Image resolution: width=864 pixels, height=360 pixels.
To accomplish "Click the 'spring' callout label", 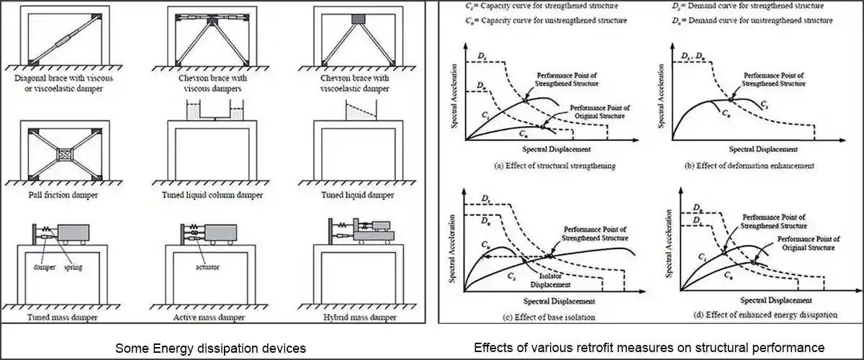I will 74,268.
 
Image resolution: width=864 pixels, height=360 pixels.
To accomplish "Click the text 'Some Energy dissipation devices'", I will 211,348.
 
